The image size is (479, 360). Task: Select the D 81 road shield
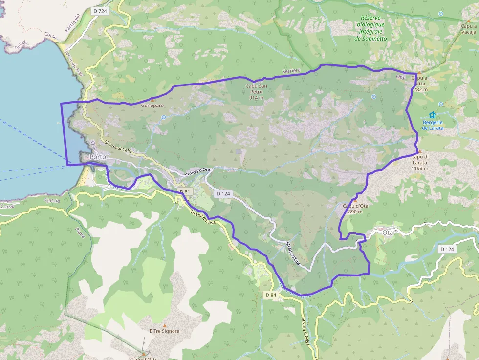tap(184, 191)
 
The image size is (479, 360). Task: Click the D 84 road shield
tap(271, 295)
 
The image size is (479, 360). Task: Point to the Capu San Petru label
tap(257, 91)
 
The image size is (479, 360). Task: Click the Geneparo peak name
tap(152, 105)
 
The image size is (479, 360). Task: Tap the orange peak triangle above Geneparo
tap(152, 99)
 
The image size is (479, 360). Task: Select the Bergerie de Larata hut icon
tap(433, 115)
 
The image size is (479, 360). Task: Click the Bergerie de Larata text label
tap(433, 125)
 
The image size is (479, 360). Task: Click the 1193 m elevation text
tap(419, 168)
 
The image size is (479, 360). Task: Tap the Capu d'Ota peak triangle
tap(355, 200)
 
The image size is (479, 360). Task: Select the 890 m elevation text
tap(355, 212)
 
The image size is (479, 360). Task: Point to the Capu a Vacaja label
tap(468, 29)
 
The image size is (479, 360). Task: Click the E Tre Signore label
tap(164, 331)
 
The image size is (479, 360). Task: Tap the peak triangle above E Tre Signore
tap(165, 325)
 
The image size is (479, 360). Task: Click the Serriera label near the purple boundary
tap(291, 71)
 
